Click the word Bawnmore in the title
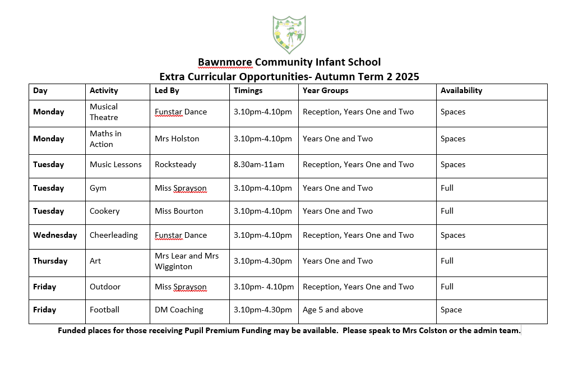click(x=225, y=62)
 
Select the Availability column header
click(x=461, y=90)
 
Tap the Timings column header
click(x=248, y=90)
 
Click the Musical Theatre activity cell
click(x=104, y=112)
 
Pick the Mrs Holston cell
click(x=177, y=139)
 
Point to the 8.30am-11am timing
click(x=259, y=164)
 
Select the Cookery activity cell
click(x=105, y=211)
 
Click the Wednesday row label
click(x=55, y=235)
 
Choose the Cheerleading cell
click(x=113, y=235)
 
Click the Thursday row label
click(x=50, y=261)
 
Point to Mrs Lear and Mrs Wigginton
click(x=187, y=261)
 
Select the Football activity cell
click(x=104, y=310)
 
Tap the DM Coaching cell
click(x=179, y=310)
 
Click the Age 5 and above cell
click(x=332, y=310)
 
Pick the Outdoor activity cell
click(x=105, y=287)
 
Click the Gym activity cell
click(x=98, y=188)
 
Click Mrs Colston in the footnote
click(x=424, y=330)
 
